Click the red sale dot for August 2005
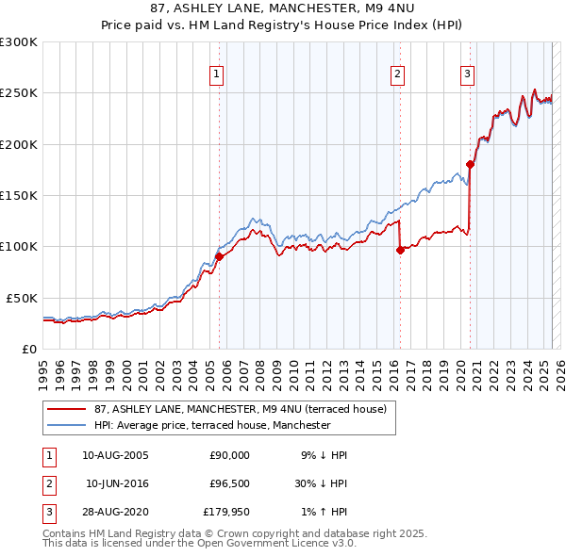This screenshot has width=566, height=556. [219, 256]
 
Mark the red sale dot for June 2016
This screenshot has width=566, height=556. [400, 250]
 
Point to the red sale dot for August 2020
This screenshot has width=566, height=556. [471, 165]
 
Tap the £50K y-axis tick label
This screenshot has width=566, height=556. [21, 298]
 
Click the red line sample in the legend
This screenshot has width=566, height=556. [67, 409]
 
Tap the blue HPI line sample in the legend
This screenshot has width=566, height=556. [67, 425]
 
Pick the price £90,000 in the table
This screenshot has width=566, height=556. [228, 455]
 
